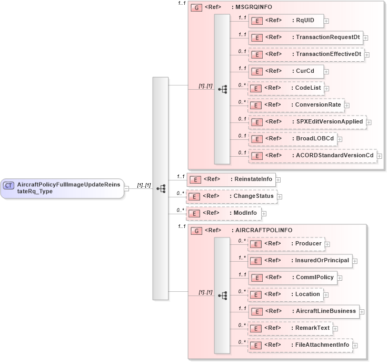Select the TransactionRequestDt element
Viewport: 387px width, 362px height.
[x=305, y=37]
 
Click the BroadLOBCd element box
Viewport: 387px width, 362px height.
[x=292, y=139]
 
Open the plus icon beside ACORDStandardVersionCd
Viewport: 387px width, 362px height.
[x=379, y=156]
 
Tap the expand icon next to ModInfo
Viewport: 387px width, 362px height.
[x=264, y=214]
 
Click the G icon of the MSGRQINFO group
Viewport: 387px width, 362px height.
[x=196, y=8]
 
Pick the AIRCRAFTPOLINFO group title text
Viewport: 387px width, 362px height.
[x=263, y=231]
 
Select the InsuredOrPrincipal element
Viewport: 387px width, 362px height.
[x=300, y=260]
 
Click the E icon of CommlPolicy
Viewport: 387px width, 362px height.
[x=256, y=278]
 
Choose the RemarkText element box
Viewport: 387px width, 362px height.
[x=290, y=328]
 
